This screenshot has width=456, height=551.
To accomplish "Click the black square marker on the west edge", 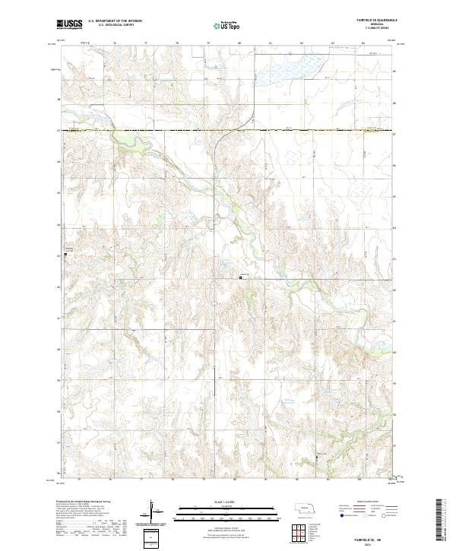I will pyautogui.click(x=65, y=255).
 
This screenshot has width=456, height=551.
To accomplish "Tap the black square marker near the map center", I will pyautogui.click(x=241, y=278).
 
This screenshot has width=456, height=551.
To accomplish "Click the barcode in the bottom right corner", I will pyautogui.click(x=439, y=523).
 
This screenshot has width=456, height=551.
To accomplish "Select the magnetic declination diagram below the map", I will pyautogui.click(x=154, y=513).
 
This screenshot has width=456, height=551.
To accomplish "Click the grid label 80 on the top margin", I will pyautogui.click(x=239, y=44).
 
